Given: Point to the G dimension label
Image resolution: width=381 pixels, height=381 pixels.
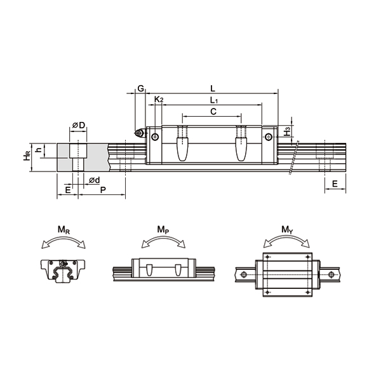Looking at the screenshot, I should [140, 89].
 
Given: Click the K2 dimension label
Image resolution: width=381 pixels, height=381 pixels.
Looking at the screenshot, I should [159, 100].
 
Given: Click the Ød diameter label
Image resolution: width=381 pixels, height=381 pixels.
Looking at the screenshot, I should [93, 180].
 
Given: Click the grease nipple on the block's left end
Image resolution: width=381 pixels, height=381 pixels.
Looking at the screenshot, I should [139, 133].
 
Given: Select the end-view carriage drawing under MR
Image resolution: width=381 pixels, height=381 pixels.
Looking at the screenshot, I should [63, 271].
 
